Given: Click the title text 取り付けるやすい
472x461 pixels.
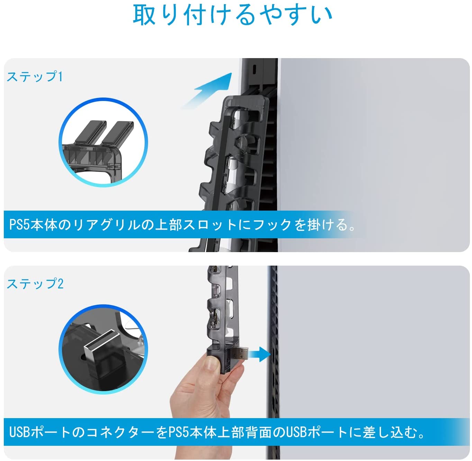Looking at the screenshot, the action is (232, 15).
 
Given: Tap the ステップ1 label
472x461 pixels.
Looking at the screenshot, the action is (35, 76).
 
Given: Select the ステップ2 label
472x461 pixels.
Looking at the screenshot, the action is (35, 284).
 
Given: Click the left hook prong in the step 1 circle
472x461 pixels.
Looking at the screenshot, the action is (90, 132).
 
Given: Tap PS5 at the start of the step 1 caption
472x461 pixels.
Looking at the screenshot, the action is (19, 225).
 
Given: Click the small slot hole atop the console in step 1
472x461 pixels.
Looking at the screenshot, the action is (254, 70).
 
